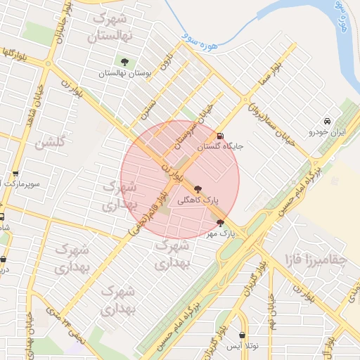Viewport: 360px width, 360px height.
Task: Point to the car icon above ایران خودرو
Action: point(326,121)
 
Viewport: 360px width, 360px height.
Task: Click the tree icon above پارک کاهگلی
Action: point(198,188)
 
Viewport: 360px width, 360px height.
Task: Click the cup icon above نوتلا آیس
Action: point(243,335)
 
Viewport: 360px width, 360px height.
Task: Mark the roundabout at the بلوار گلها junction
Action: point(49,64)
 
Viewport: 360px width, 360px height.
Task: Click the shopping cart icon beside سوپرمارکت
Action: point(15,173)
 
